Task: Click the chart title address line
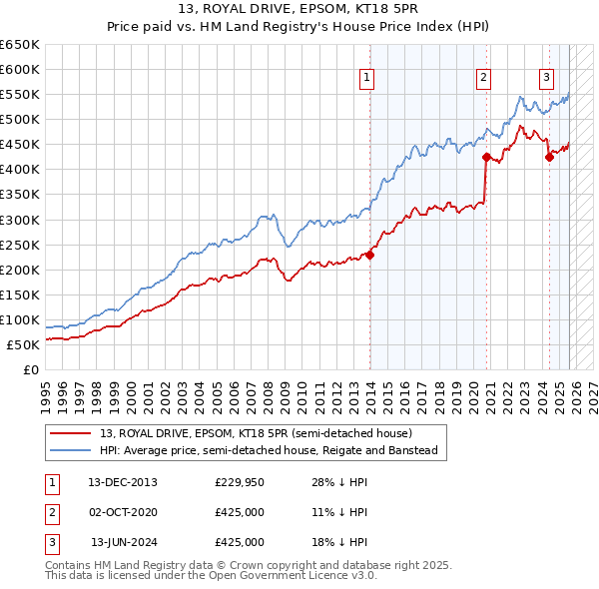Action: tap(299, 10)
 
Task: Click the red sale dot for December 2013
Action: tap(369, 255)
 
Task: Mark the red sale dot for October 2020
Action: tap(486, 157)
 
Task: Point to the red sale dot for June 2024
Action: tap(549, 157)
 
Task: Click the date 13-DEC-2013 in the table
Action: tap(122, 482)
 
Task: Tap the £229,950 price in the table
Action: tap(240, 482)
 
